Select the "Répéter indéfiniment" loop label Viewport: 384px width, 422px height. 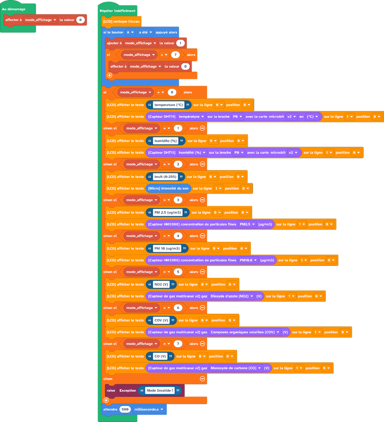118,11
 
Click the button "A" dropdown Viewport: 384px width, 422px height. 130,32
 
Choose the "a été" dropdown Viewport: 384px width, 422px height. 145,32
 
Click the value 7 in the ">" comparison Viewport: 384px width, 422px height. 176,55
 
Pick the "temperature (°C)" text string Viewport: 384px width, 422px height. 169,105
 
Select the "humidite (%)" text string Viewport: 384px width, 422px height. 165,141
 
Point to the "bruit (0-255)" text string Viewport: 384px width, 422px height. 165,177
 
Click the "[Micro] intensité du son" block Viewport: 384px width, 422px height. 168,188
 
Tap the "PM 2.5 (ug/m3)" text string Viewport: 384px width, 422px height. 167,212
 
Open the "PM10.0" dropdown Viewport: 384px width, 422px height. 248,260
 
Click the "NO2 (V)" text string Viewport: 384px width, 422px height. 161,284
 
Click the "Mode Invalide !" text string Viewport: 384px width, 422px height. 160,390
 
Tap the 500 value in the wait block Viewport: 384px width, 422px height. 125,409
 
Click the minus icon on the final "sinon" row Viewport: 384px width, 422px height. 202,379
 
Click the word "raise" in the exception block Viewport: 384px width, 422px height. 111,390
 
